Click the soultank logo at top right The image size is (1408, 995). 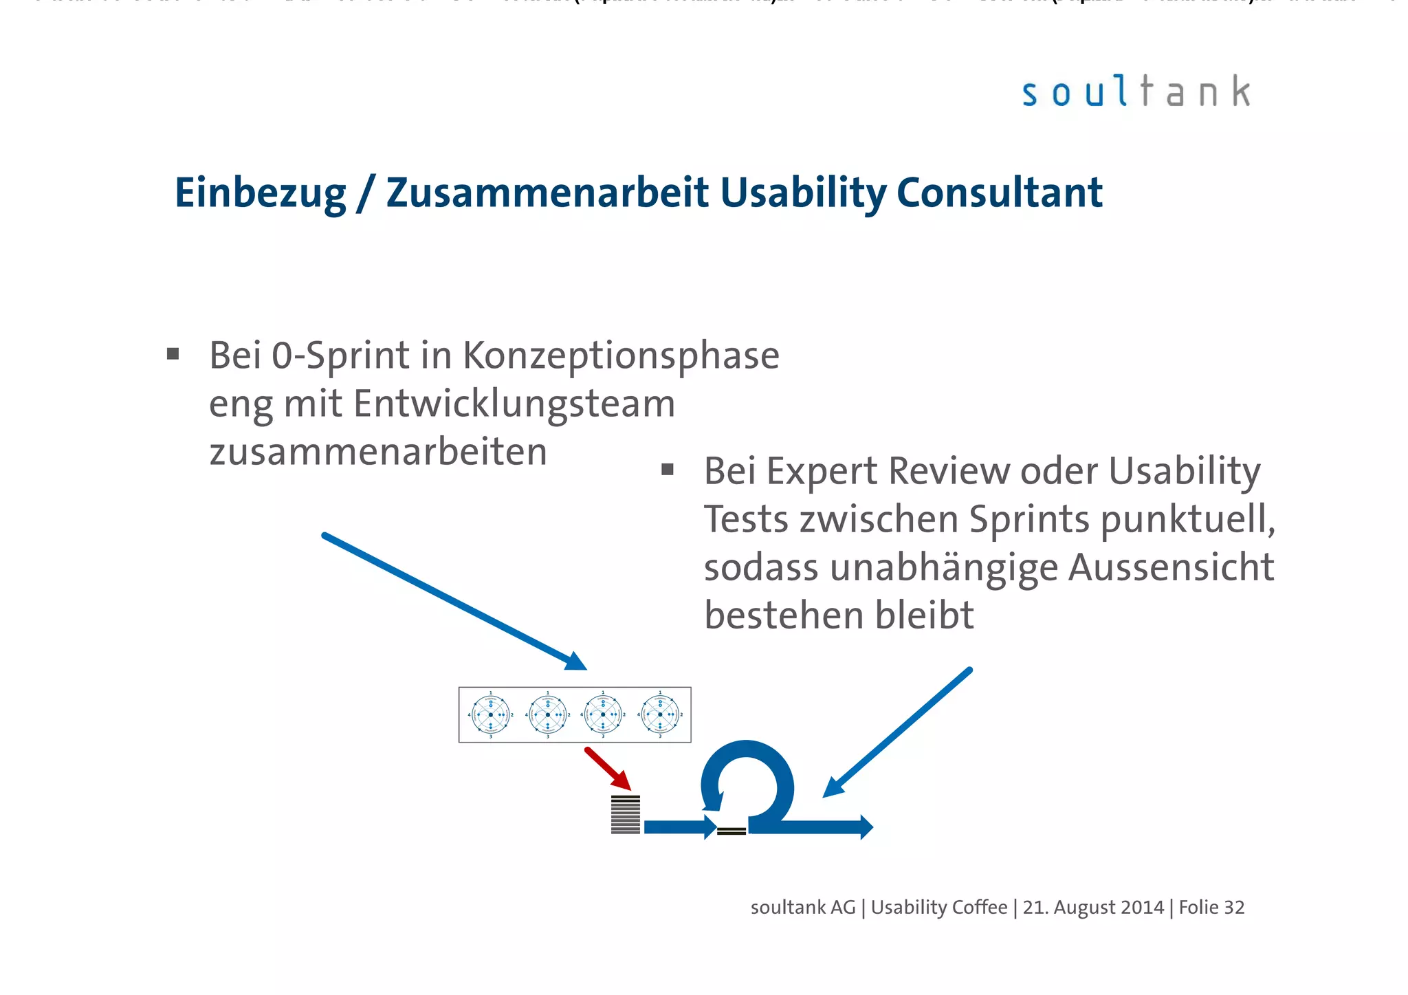click(1136, 92)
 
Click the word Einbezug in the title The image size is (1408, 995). click(260, 193)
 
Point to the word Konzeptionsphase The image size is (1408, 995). click(621, 356)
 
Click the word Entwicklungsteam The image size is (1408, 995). click(514, 404)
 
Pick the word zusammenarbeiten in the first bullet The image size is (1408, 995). click(378, 452)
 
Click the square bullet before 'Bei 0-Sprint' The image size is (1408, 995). click(173, 354)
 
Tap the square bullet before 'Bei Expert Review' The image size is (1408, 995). click(667, 470)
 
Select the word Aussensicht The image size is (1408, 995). click(1171, 568)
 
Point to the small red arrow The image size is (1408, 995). click(607, 768)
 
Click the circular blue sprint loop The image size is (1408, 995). click(748, 784)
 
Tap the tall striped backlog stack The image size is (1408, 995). click(625, 814)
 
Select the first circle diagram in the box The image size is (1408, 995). click(490, 715)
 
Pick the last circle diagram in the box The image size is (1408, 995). click(660, 715)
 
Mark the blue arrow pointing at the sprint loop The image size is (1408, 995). click(897, 732)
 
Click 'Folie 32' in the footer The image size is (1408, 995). click(1211, 908)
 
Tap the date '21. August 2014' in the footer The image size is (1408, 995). click(1093, 908)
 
